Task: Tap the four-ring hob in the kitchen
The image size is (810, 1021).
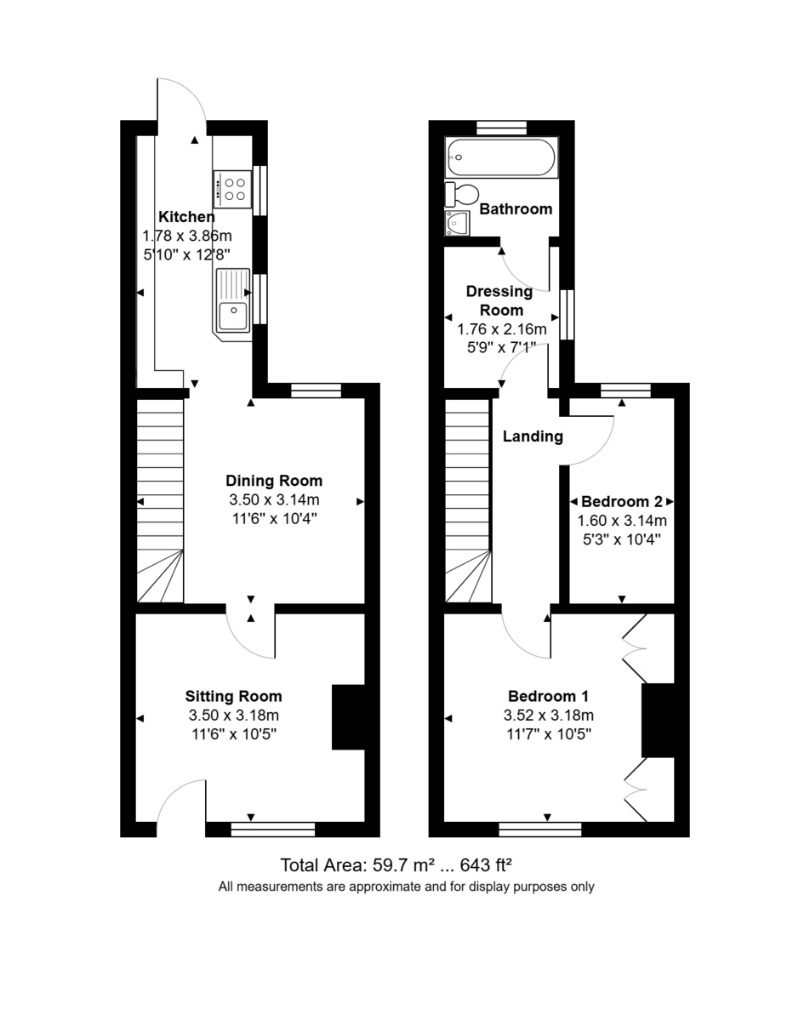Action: tap(232, 189)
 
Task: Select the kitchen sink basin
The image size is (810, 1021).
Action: tap(232, 315)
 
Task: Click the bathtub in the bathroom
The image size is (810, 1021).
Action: tap(501, 157)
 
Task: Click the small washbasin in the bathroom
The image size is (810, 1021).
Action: tap(458, 224)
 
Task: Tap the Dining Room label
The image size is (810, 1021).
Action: tap(273, 481)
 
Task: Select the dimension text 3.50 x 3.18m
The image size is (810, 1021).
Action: tap(233, 715)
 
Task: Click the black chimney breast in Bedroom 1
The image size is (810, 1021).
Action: tap(658, 719)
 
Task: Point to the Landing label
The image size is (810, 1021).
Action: tap(533, 437)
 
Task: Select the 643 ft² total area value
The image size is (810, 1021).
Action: tap(485, 866)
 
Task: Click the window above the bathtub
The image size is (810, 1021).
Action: tap(502, 128)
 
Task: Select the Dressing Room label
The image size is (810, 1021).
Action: tap(499, 300)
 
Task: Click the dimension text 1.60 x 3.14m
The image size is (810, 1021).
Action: tap(622, 521)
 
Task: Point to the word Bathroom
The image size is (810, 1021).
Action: tap(516, 209)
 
